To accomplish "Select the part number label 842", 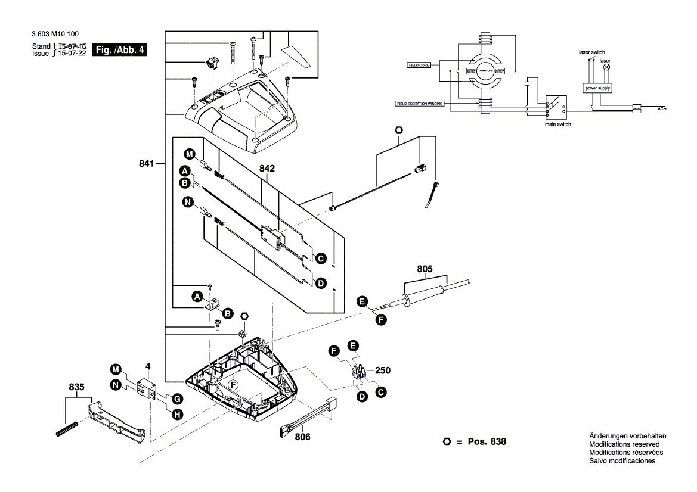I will [267, 169].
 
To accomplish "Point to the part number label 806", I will [303, 437].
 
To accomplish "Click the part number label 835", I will [77, 387].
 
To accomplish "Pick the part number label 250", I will [383, 370].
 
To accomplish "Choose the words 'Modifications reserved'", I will [624, 444].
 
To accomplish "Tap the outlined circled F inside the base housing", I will [234, 385].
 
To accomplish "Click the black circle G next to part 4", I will [176, 398].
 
